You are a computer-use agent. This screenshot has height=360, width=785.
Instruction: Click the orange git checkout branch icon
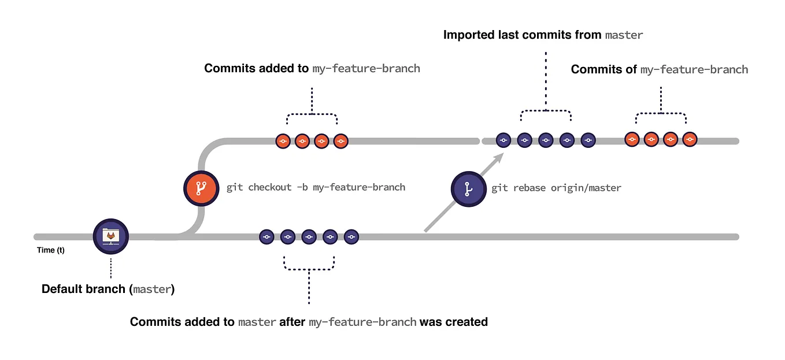[x=200, y=188]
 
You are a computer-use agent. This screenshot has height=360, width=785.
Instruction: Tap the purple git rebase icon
[x=468, y=188]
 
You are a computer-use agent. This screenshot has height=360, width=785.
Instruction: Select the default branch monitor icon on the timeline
[x=110, y=236]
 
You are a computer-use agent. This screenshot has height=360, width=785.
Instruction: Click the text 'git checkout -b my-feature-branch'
[x=316, y=188]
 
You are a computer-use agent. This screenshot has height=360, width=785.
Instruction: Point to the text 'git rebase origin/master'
[x=556, y=188]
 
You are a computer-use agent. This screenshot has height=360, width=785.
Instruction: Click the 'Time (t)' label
[x=50, y=250]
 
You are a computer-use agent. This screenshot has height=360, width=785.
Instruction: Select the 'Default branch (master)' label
[x=108, y=289]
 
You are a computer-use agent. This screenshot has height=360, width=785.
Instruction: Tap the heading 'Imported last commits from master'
[x=543, y=35]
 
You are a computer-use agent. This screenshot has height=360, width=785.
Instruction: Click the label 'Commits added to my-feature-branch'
[x=312, y=68]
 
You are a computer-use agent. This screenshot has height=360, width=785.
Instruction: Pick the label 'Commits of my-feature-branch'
[x=659, y=69]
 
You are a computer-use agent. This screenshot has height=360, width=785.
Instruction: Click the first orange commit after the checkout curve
[x=283, y=140]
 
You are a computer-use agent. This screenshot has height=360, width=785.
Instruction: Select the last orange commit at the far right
[x=690, y=139]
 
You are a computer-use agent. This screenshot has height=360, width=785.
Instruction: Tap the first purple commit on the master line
[x=266, y=236]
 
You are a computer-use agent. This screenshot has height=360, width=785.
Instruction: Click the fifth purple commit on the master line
[x=351, y=236]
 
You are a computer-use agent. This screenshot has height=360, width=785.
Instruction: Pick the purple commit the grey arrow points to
[x=503, y=140]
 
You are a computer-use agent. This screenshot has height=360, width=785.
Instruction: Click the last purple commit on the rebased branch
[x=588, y=140]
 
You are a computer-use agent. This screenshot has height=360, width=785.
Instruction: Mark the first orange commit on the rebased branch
[x=632, y=139]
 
